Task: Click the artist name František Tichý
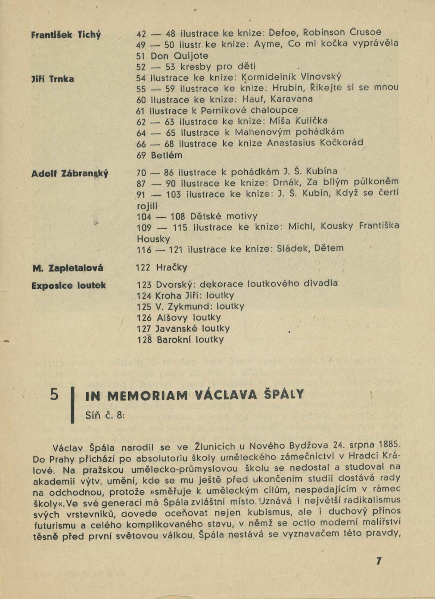point(66,35)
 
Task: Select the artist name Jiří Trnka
point(53,79)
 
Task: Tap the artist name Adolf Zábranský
point(70,174)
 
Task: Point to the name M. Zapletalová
point(68,268)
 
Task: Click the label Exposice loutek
point(69,286)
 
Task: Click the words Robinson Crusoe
point(342,32)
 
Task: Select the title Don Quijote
point(179,56)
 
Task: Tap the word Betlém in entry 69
point(167,155)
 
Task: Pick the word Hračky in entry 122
point(172,267)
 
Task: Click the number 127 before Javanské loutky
point(144,329)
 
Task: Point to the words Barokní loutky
point(190,340)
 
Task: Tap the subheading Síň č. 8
point(105,415)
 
